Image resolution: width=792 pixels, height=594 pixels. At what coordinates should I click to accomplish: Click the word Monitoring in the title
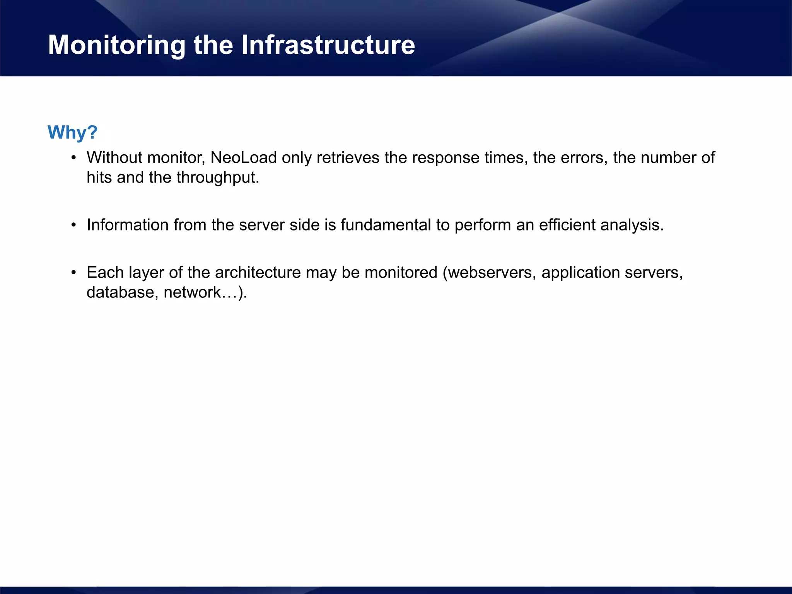[x=116, y=46]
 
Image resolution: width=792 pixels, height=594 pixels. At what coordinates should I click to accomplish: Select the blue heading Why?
[x=72, y=132]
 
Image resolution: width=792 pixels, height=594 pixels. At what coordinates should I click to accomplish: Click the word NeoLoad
[x=244, y=158]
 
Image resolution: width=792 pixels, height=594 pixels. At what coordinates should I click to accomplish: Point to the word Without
[x=114, y=158]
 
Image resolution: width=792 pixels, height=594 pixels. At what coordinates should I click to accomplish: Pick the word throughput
[x=217, y=178]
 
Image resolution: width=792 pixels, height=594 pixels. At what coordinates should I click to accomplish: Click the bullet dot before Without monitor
[x=73, y=158]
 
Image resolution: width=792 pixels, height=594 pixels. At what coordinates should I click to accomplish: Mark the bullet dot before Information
[x=73, y=225]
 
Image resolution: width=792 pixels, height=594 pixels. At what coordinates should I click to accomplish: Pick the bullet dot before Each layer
[x=73, y=273]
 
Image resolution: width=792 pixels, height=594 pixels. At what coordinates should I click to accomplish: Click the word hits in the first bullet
[x=99, y=178]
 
